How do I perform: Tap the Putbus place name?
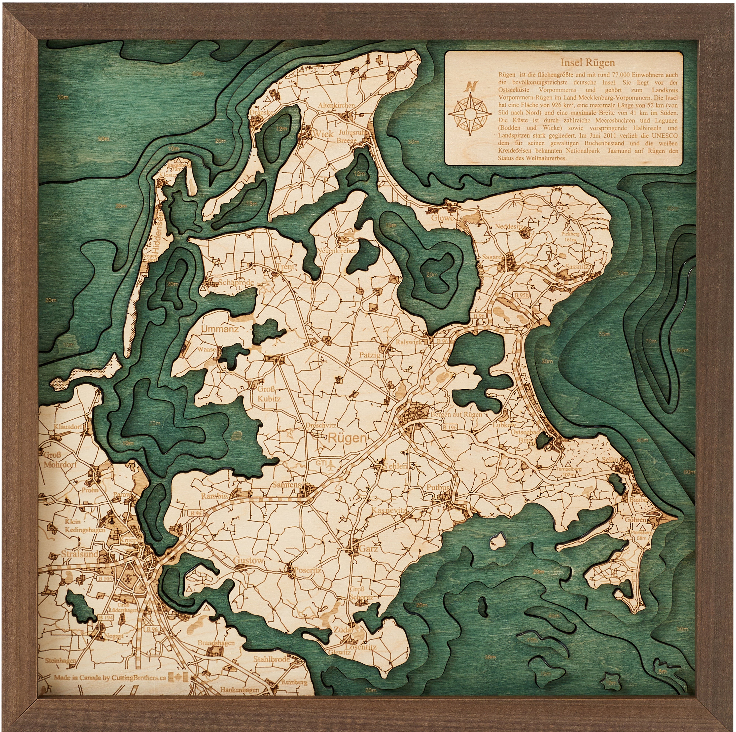tap(438, 487)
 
